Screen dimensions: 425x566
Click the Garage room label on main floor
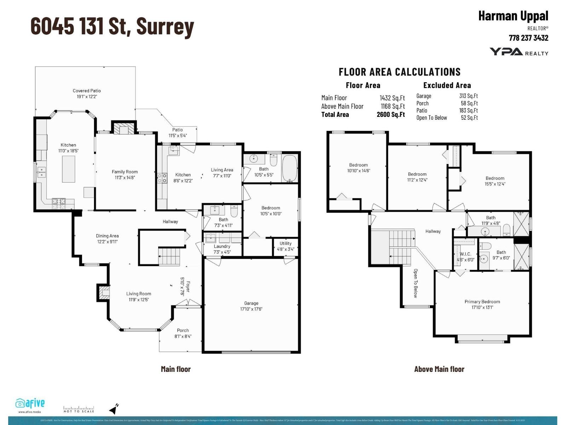(x=251, y=303)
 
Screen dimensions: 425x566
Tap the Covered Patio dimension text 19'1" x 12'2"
(x=87, y=97)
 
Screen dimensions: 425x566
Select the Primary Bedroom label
(x=482, y=302)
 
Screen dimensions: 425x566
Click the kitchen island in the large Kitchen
(x=68, y=169)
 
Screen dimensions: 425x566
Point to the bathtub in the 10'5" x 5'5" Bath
(x=290, y=168)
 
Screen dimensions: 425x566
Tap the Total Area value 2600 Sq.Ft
(x=391, y=114)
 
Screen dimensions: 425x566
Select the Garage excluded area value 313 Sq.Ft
(x=468, y=96)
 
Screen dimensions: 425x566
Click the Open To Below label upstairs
(x=416, y=283)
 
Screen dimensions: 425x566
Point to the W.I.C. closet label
(x=465, y=254)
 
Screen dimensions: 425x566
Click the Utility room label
(x=285, y=243)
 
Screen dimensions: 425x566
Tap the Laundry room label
(x=222, y=246)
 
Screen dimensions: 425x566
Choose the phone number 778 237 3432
(x=528, y=38)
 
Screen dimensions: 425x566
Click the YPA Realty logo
(x=519, y=52)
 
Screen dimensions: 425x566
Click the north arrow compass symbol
(x=114, y=409)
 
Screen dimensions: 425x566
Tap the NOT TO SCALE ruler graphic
(x=79, y=409)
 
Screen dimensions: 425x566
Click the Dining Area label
(x=107, y=236)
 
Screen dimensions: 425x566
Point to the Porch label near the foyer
(x=183, y=330)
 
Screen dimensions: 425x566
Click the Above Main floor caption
(x=439, y=369)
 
